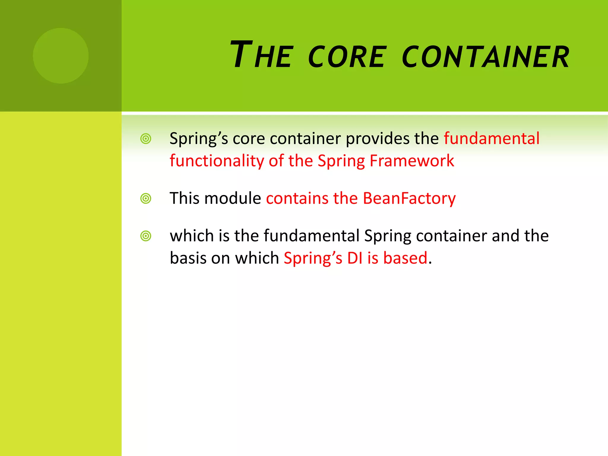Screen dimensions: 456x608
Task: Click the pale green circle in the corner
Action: tap(61, 56)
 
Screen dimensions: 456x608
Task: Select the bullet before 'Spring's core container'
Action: tap(146, 139)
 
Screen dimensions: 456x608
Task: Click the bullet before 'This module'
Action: tap(146, 198)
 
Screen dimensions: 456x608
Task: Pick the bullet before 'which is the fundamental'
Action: tap(146, 236)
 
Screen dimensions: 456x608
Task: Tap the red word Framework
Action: tap(412, 161)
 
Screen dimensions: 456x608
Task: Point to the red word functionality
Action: tap(217, 161)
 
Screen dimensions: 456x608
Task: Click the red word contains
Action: tap(297, 198)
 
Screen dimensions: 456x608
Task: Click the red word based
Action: tap(405, 258)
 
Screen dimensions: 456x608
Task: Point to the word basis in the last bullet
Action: tap(188, 258)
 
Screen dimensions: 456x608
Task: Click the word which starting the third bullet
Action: tap(192, 236)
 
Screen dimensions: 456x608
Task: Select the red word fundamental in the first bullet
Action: tap(492, 139)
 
